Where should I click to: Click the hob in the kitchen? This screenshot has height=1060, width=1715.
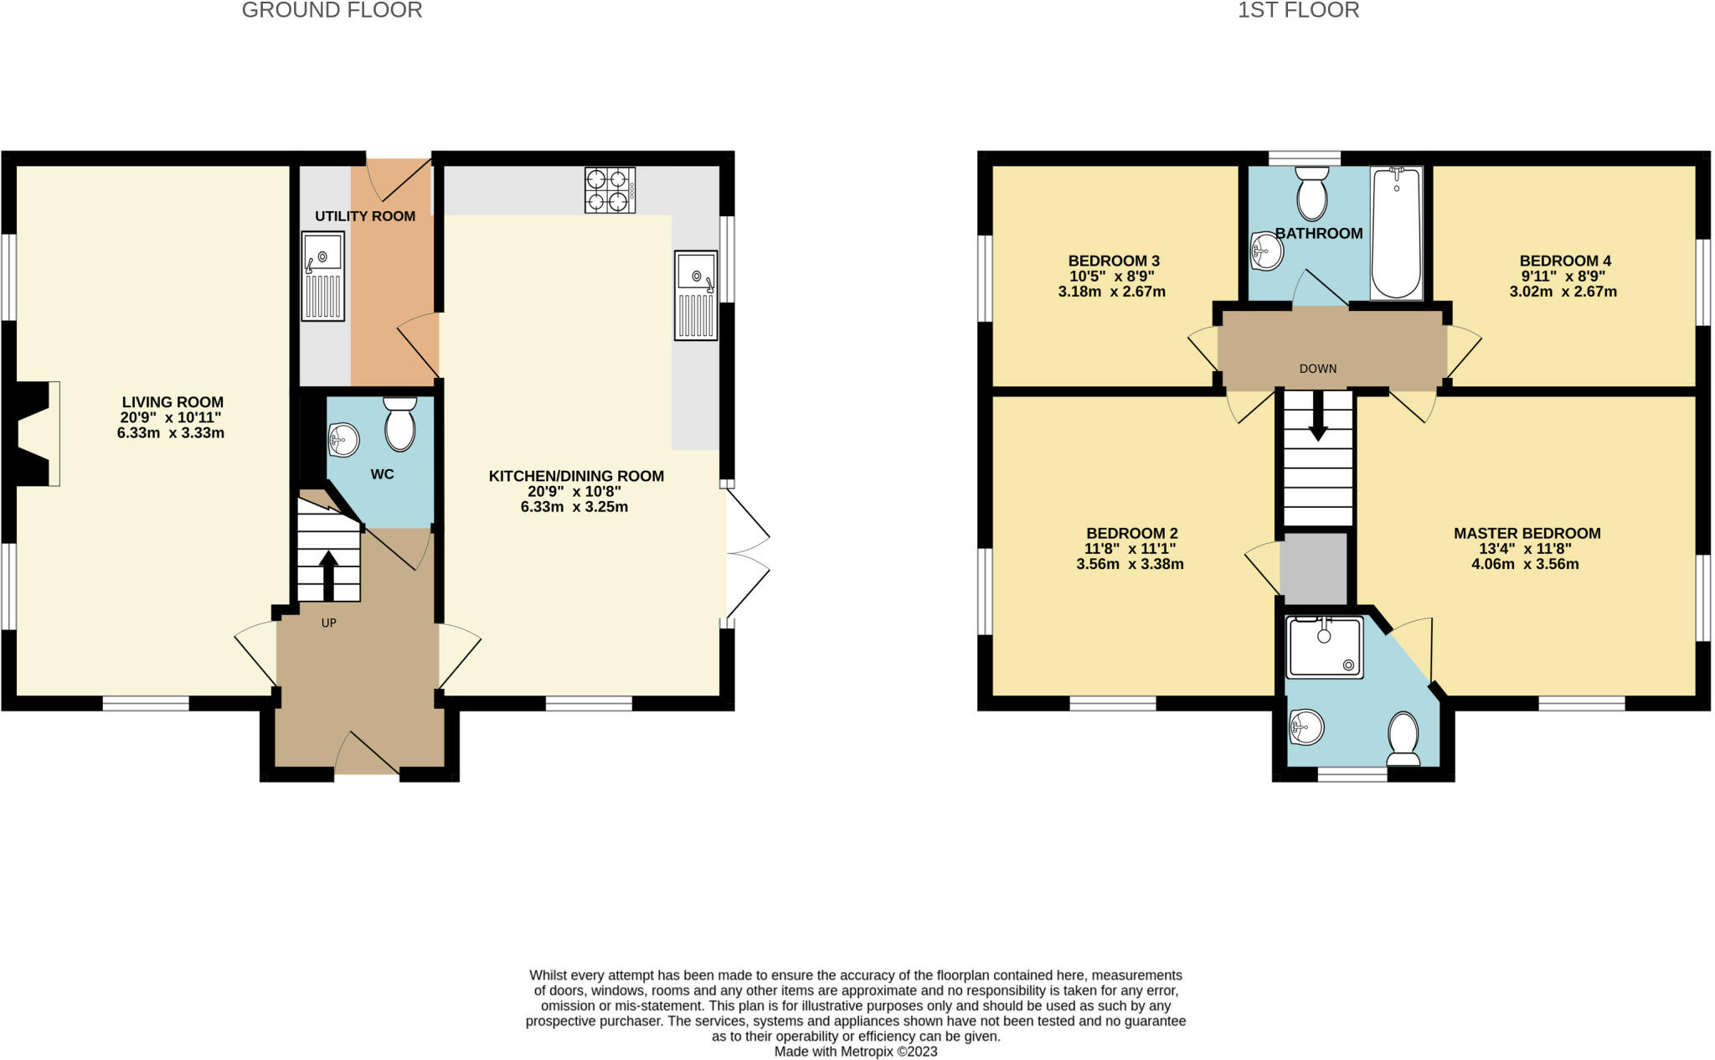610,190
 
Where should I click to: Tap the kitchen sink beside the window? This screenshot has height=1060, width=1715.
696,295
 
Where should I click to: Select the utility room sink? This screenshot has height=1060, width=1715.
323,277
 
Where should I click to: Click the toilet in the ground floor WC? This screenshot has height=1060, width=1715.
400,425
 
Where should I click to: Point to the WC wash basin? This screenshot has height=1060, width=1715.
344,439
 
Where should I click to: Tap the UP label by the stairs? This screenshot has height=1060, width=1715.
329,623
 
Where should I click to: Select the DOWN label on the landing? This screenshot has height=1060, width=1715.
1318,369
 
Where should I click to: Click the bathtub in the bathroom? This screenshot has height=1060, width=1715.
1396,232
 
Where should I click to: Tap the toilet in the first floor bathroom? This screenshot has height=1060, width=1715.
1311,194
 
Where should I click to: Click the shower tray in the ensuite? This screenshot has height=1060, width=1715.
1325,648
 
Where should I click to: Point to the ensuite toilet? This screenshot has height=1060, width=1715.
1403,739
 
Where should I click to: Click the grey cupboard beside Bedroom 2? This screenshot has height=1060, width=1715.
1314,568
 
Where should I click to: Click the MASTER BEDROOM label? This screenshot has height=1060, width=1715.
1527,533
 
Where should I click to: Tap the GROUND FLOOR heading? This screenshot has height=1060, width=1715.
332,10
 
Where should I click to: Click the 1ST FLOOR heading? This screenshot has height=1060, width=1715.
1298,10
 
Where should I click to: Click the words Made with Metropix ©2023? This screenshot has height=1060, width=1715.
855,1052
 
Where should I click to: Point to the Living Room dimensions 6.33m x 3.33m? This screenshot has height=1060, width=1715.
171,433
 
